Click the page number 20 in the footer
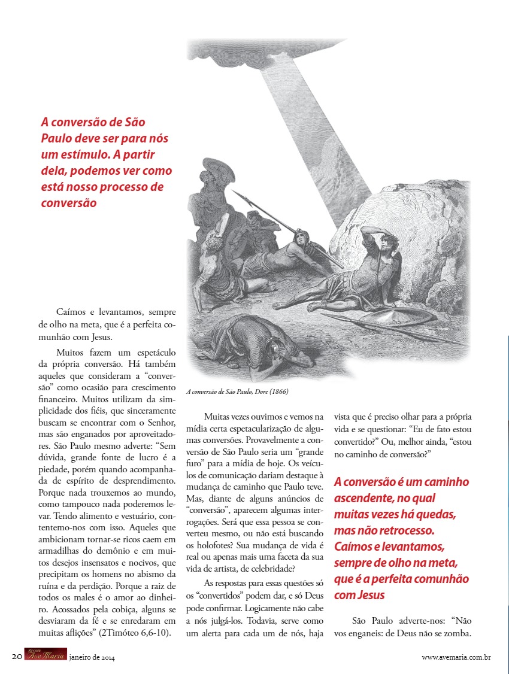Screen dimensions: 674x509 click(x=17, y=657)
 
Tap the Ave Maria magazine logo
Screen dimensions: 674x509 click(x=46, y=655)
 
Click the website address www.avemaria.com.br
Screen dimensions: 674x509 click(x=456, y=657)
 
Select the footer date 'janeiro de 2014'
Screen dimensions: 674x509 click(x=92, y=657)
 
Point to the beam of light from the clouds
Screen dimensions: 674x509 click(x=293, y=120)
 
